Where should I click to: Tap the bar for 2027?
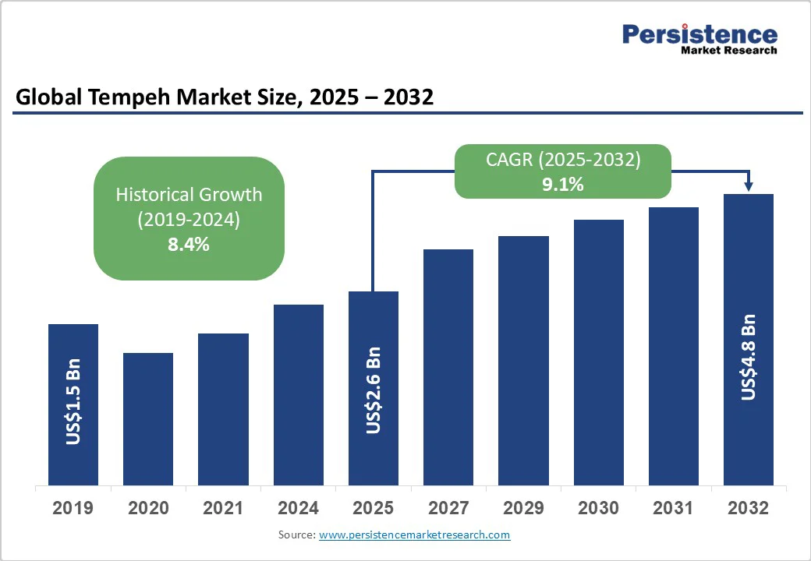point(448,367)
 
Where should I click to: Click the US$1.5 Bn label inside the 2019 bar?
point(73,402)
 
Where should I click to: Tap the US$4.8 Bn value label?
point(749,358)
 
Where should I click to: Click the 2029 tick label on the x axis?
point(523,509)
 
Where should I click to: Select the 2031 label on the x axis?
point(673,509)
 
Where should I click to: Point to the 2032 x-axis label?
point(748,509)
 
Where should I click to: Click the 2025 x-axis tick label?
point(373,509)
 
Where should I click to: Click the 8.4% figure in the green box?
point(189,245)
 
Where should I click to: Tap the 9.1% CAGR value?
point(563,185)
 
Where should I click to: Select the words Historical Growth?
point(189,195)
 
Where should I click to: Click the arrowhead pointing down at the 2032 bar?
point(749,186)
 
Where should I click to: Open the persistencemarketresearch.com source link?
point(414,535)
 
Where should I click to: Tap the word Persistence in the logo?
point(699,34)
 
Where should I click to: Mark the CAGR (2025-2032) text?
point(563,160)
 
